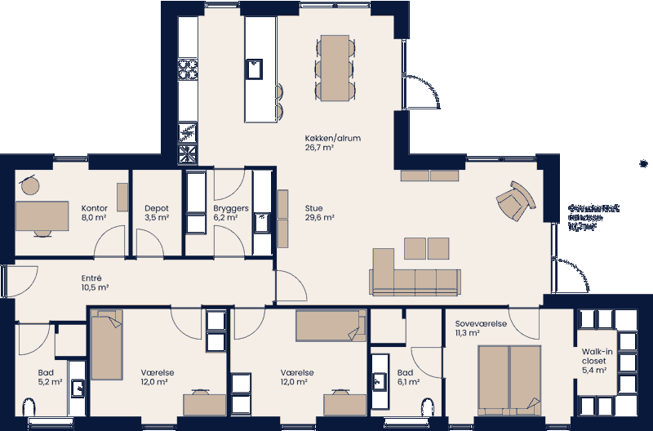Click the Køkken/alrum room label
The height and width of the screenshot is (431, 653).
coord(332,143)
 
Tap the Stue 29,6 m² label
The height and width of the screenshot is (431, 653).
coord(320,213)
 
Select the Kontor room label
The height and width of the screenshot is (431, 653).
coord(95,213)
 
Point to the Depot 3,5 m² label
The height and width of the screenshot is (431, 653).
coord(157,213)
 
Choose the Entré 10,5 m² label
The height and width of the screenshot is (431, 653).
coord(96,282)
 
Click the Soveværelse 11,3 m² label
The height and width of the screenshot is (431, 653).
coord(482,328)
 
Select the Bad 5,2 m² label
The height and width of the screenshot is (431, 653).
coord(50,376)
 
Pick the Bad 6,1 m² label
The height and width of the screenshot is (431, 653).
coord(408,376)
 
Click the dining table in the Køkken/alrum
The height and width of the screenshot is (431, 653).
coord(335,67)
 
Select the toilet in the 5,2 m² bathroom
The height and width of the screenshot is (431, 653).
coord(31,409)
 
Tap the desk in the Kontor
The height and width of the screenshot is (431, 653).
coord(42,217)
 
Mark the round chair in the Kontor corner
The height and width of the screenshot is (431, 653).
coord(30,186)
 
